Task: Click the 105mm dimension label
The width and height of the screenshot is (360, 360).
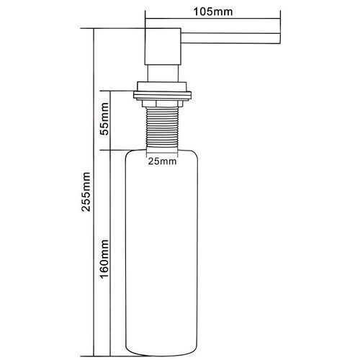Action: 213,12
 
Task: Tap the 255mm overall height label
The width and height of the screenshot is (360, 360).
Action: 86,192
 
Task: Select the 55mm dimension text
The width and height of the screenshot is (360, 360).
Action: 104,119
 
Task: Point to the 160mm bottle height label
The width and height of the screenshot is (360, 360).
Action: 104,258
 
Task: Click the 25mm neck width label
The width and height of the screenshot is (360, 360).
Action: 162,161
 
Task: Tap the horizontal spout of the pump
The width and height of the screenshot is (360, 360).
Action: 230,38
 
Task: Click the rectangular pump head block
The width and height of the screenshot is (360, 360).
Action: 163,46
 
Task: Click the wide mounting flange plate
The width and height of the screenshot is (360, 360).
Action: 162,95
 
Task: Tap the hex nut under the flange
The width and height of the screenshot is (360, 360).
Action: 162,104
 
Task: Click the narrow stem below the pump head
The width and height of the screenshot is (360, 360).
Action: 163,73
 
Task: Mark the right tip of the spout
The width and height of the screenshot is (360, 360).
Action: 280,38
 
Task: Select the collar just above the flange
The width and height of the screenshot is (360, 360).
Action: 162,86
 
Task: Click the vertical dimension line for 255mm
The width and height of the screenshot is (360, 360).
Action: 94,192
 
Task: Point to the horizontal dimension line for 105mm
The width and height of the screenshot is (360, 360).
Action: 213,18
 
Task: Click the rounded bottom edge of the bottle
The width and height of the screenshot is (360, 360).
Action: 162,355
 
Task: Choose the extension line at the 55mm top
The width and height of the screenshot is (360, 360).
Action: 117,91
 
